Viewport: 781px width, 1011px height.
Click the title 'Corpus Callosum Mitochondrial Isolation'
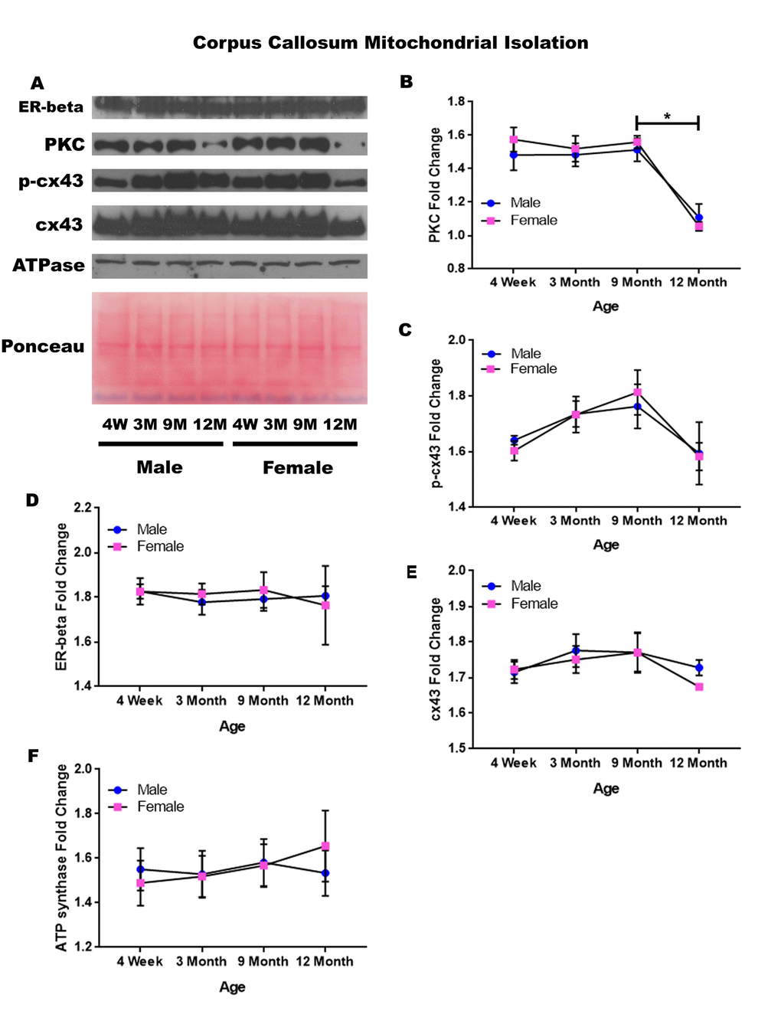pos(390,43)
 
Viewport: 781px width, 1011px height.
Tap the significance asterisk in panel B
pos(667,116)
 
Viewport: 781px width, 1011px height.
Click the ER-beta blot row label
pos(51,107)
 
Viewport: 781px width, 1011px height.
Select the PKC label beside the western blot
pos(64,145)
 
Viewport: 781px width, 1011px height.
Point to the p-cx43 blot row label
pos(51,182)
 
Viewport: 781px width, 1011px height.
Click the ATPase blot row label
pos(48,266)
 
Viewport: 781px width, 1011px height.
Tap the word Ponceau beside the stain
pos(43,346)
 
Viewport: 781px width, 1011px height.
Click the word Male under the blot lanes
pos(159,467)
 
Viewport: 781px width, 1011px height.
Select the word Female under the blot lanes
pos(298,467)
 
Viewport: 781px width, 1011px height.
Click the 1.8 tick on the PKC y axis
pos(456,101)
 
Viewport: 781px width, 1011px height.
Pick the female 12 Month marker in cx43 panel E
pos(699,687)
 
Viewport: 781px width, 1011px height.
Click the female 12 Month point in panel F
pos(325,846)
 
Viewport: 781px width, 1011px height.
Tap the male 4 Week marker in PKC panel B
pos(514,155)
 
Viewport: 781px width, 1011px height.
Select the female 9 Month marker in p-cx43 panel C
pos(637,392)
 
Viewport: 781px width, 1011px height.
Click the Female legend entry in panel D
pos(160,546)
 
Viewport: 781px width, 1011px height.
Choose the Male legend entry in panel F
pos(152,790)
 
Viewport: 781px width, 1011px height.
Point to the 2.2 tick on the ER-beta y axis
pos(83,508)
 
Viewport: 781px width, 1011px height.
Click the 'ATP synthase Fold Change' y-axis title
pos(61,858)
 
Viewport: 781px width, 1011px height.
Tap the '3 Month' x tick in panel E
pos(575,763)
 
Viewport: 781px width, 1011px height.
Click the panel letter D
pos(32,500)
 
